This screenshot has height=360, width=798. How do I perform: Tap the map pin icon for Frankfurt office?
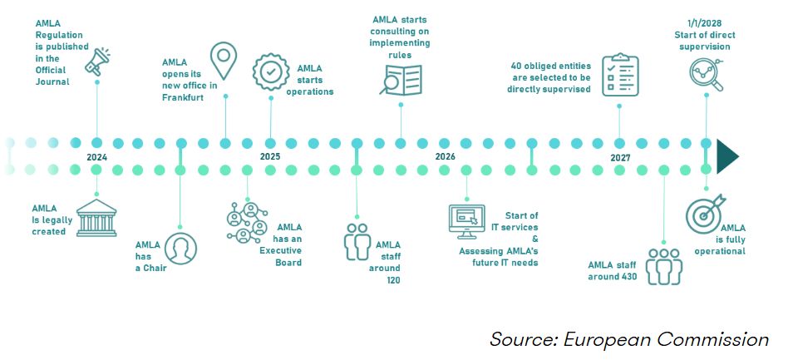click(x=224, y=60)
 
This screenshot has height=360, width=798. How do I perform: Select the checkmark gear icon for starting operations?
click(x=270, y=72)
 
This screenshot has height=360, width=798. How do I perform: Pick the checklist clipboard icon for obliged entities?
click(x=619, y=75)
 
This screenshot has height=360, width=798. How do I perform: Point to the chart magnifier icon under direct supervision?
click(x=707, y=75)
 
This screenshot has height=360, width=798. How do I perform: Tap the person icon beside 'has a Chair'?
click(x=180, y=248)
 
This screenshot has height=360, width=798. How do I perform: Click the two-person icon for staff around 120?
click(x=357, y=242)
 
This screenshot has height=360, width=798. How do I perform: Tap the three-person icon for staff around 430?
click(x=663, y=266)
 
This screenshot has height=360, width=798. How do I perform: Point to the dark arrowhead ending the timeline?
click(x=728, y=156)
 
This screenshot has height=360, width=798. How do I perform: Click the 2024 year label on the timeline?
click(x=97, y=156)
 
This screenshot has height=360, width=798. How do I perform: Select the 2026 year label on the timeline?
click(x=446, y=156)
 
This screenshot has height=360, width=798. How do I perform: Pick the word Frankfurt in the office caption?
click(x=184, y=96)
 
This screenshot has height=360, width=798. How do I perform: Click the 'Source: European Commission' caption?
click(x=628, y=339)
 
